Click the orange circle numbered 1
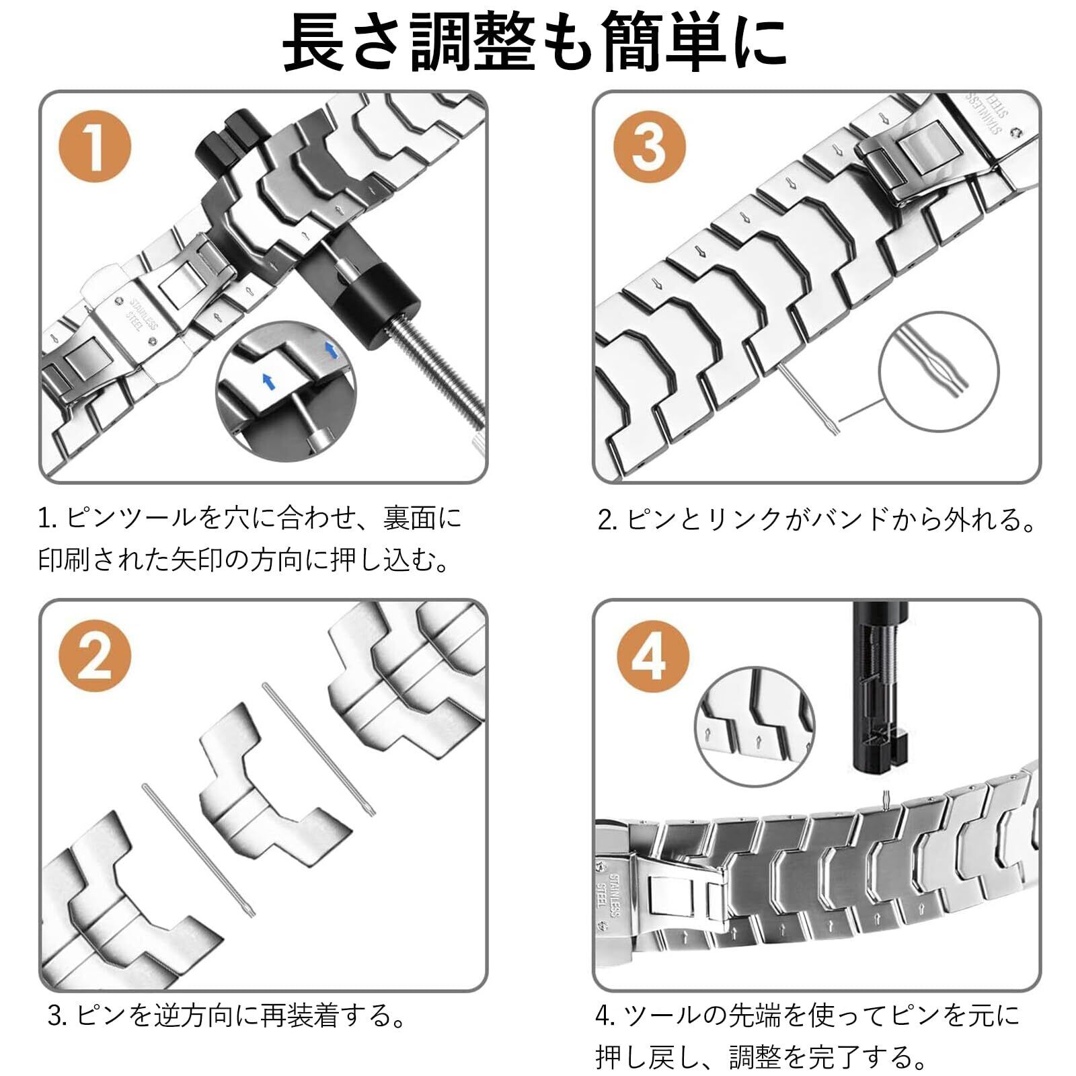tap(95, 147)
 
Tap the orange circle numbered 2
tap(95, 656)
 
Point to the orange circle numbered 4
tap(653, 656)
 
